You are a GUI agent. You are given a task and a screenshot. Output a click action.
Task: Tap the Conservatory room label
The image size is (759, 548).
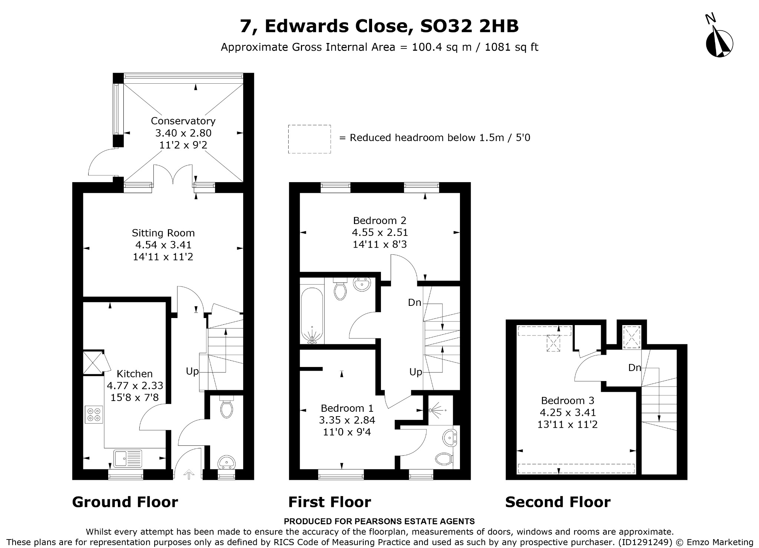point(183,121)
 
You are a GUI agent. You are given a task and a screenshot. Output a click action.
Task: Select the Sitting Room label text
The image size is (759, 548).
point(163,233)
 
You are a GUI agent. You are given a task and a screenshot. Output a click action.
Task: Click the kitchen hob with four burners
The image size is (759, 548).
point(94,415)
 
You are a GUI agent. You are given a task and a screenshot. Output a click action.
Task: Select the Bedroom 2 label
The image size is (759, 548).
point(380,221)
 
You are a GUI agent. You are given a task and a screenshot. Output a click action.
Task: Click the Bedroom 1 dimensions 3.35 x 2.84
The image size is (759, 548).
point(347,420)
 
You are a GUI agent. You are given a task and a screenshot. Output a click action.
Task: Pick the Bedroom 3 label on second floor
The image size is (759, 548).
point(567,400)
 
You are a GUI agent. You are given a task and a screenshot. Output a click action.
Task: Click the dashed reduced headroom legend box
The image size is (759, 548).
point(309,139)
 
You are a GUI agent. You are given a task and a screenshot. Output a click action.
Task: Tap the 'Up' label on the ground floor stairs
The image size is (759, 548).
point(192,371)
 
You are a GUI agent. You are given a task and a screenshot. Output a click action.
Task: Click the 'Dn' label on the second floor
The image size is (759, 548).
point(634,368)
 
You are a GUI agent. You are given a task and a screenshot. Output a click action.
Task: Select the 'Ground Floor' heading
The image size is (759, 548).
point(125,502)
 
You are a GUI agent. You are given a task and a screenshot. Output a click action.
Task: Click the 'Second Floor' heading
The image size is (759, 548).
point(558,502)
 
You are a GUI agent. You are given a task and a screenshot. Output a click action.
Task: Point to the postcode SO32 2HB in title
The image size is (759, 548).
point(470,26)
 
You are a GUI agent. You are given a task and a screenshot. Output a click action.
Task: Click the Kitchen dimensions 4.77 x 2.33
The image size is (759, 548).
point(135,386)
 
